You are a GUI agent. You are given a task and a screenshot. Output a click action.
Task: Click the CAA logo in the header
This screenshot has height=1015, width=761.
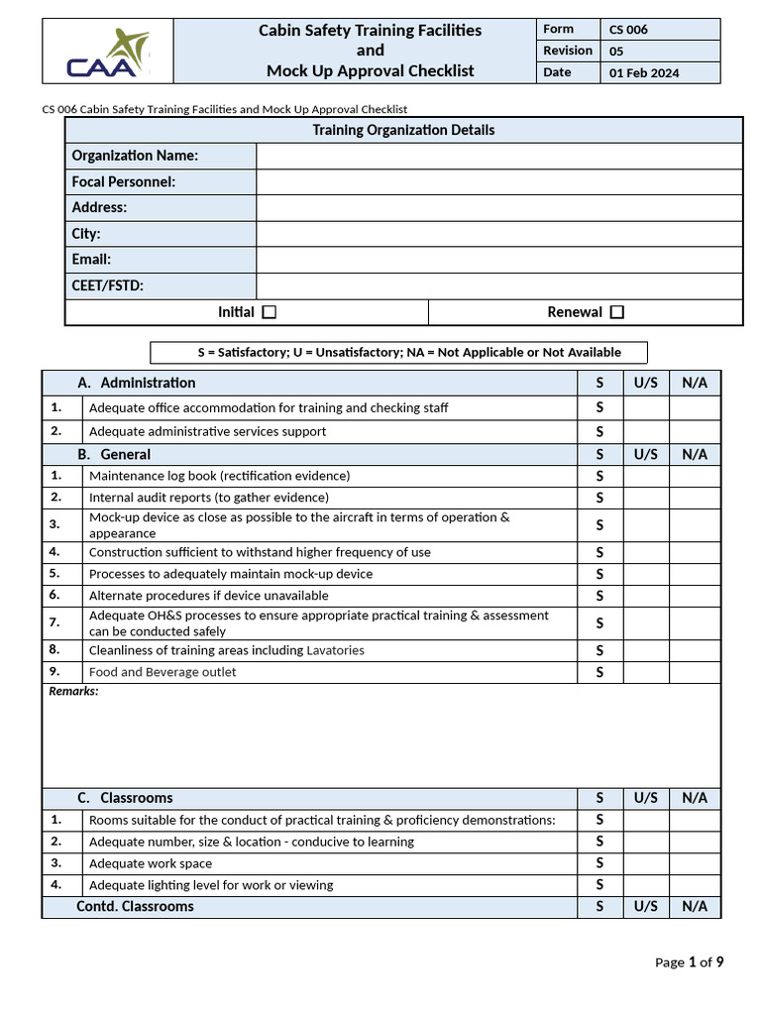[x=108, y=54]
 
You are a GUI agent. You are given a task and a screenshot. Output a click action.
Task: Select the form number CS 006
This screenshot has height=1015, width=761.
[x=628, y=30]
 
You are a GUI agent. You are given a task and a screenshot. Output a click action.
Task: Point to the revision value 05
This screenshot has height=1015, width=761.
[x=616, y=52]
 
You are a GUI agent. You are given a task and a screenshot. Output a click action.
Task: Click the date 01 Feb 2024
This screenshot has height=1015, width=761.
[x=644, y=73]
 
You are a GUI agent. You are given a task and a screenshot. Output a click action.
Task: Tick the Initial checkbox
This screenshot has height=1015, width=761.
[x=270, y=312]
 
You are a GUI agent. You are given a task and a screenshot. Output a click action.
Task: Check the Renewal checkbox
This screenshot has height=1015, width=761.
[x=617, y=312]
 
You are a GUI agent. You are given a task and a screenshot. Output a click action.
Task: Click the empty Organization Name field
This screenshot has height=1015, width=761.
[x=498, y=156]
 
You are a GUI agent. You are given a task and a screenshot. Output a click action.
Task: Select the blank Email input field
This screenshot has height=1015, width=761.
[x=498, y=260]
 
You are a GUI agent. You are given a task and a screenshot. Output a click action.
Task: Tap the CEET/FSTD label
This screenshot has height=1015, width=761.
[x=108, y=285]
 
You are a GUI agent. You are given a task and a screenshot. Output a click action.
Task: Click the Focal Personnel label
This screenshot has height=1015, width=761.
[x=124, y=181]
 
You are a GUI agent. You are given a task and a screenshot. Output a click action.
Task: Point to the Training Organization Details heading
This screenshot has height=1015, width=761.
[x=403, y=130]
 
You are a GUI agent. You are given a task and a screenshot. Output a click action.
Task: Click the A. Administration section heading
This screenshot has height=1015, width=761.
[x=137, y=383]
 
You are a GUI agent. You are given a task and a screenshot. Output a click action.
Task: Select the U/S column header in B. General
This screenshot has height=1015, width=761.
[x=645, y=454]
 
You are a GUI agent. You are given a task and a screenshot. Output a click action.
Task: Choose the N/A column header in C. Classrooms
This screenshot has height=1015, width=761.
[x=695, y=798]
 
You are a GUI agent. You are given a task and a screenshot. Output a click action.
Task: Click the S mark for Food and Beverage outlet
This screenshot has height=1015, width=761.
[x=599, y=673]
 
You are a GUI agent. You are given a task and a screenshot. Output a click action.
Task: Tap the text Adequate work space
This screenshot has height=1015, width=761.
[x=151, y=863]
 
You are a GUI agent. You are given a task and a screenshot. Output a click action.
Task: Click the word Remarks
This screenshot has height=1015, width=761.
[x=74, y=692]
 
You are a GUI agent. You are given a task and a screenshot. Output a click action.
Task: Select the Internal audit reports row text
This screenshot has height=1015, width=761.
[x=208, y=498]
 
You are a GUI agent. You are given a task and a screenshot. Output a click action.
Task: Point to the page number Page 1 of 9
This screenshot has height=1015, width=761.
[x=689, y=961]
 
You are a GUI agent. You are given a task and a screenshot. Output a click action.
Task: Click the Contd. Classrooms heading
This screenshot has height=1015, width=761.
[x=135, y=907]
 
